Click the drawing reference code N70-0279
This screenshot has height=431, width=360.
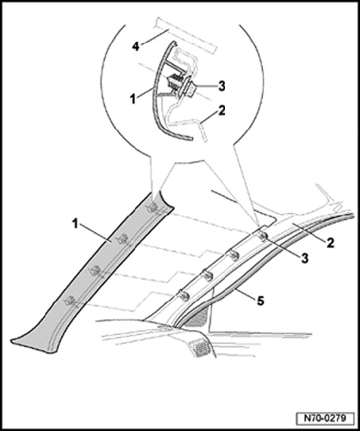(x=325, y=418)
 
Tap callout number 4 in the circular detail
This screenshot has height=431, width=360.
(x=136, y=46)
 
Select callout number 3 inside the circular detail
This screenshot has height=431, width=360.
(x=222, y=86)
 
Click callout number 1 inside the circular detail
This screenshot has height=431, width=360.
(x=134, y=99)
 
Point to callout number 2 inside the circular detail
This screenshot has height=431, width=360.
(x=222, y=111)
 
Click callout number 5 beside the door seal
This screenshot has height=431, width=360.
(x=261, y=301)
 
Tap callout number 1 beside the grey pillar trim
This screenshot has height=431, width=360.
(x=75, y=224)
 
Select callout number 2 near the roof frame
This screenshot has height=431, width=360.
(x=330, y=243)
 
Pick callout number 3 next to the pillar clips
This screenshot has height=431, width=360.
(x=305, y=258)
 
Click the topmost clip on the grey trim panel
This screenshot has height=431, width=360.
(x=153, y=207)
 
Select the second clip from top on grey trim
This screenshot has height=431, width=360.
(x=122, y=239)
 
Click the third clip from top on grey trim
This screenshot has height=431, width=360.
(x=96, y=270)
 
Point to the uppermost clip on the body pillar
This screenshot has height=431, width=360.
(x=264, y=235)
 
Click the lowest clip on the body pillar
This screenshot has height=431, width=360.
(x=184, y=295)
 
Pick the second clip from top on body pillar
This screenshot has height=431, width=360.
(x=234, y=255)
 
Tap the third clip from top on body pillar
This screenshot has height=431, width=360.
(x=207, y=275)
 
